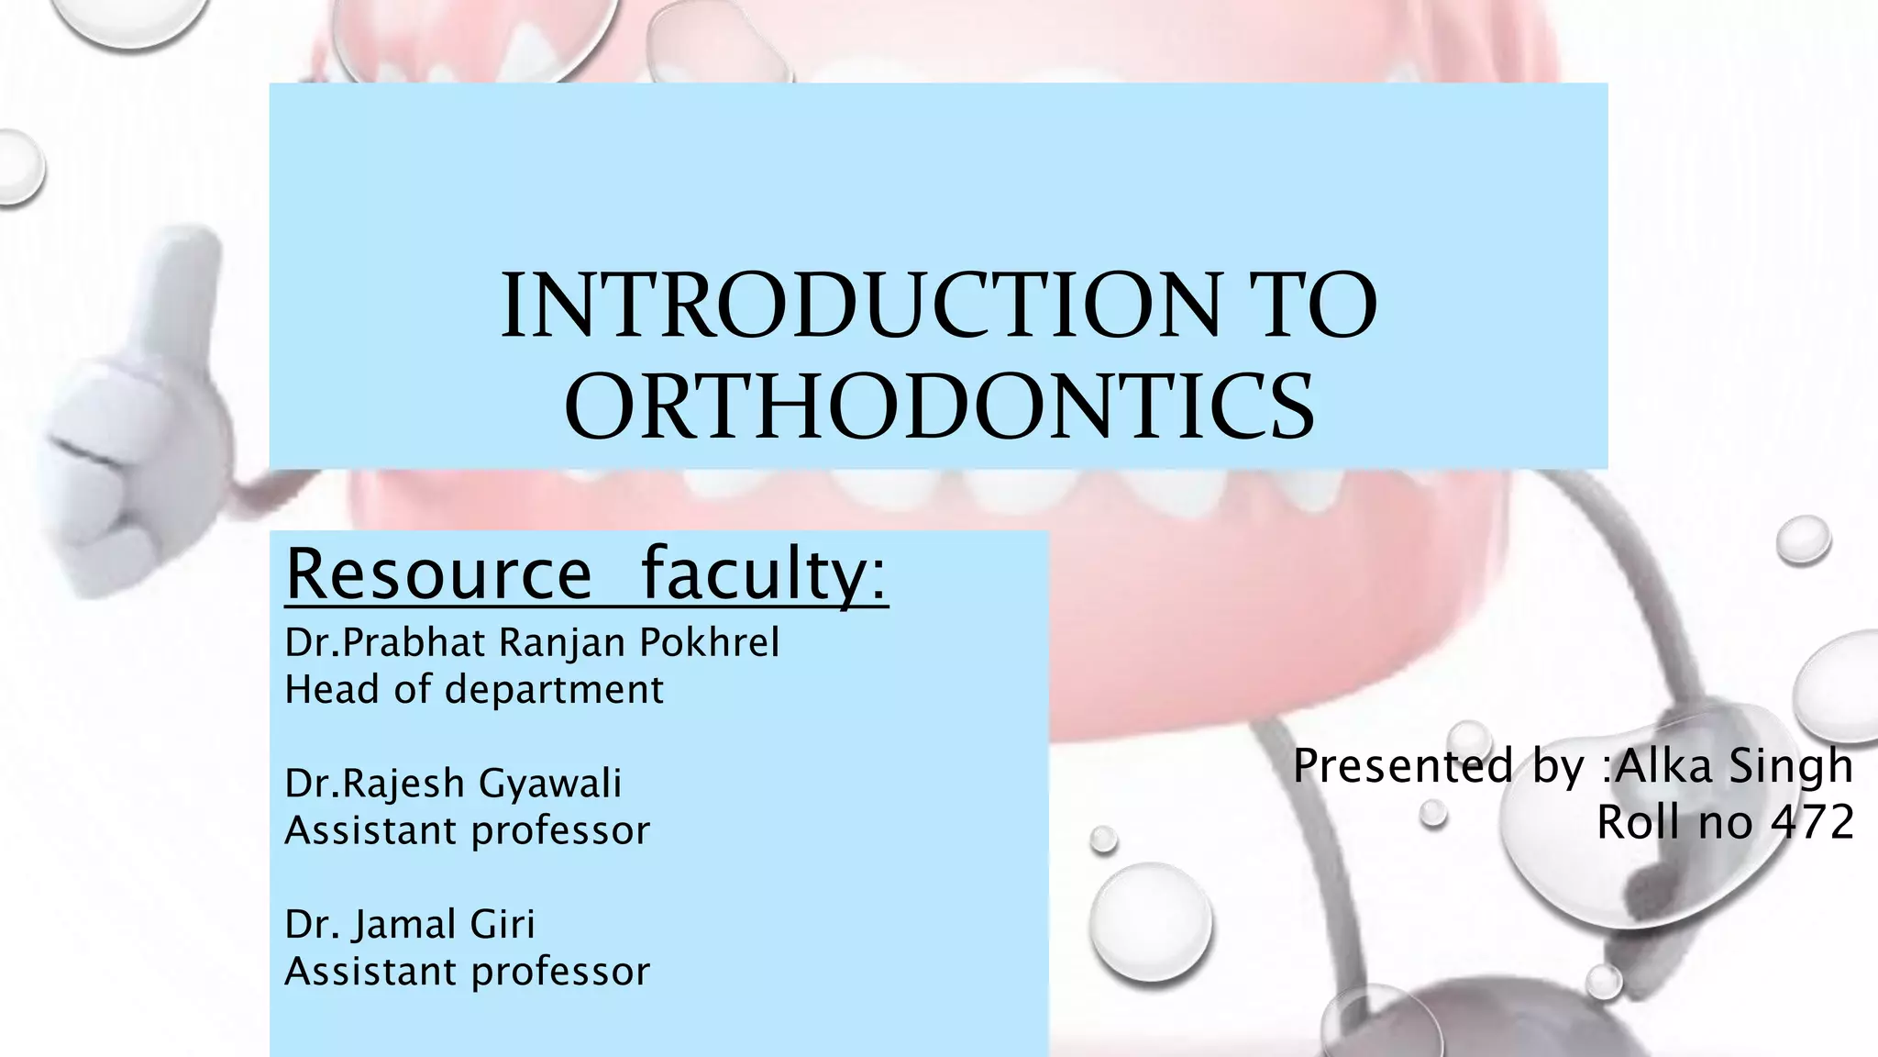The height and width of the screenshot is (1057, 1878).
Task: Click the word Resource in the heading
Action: (x=439, y=573)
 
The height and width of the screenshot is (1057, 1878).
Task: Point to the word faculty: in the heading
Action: (x=764, y=573)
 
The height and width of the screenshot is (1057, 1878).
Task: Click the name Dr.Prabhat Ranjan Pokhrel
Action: (x=532, y=642)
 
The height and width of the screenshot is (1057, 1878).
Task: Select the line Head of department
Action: (x=474, y=689)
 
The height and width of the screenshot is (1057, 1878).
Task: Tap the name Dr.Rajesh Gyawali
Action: (x=453, y=783)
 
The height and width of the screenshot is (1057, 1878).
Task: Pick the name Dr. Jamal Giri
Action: (x=410, y=923)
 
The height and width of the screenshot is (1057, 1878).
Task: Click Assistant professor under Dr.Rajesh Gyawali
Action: (x=468, y=830)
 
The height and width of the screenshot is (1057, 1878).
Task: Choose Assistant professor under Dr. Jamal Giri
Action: (x=468, y=971)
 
